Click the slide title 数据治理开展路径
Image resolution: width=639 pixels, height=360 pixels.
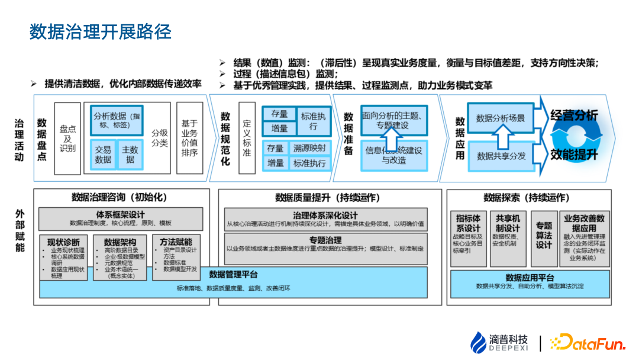(101, 32)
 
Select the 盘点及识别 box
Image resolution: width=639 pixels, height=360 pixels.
(67, 138)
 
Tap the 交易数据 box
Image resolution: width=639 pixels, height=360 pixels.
(103, 155)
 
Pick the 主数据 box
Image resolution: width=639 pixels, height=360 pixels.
(130, 155)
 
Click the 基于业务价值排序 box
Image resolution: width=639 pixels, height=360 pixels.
(189, 138)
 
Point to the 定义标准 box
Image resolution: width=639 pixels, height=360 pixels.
(247, 138)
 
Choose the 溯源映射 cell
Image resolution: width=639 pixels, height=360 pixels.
(309, 148)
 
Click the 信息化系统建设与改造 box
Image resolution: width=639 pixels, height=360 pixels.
(393, 155)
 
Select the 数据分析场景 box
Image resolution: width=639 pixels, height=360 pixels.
(501, 118)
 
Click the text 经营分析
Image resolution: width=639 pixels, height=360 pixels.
(573, 116)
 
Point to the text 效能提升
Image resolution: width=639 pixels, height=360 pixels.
(573, 155)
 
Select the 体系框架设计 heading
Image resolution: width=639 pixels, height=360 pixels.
(121, 214)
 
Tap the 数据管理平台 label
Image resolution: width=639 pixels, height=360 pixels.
(233, 274)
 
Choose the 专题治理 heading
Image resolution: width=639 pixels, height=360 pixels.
(325, 240)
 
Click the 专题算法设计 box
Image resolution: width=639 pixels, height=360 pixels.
(544, 236)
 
